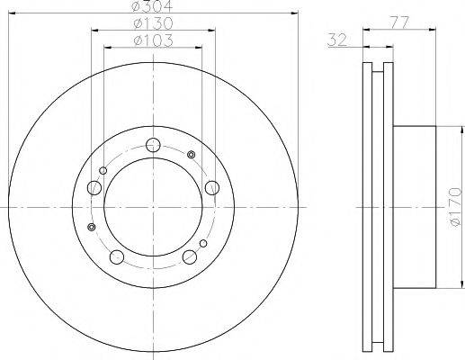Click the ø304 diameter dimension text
pyautogui.click(x=152, y=6)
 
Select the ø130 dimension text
pyautogui.click(x=152, y=23)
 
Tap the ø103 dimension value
pyautogui.click(x=152, y=40)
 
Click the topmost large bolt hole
pyautogui.click(x=153, y=144)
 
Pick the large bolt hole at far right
pyautogui.click(x=212, y=187)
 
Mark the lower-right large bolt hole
pyautogui.click(x=189, y=257)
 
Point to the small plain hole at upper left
pyautogui.click(x=103, y=170)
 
